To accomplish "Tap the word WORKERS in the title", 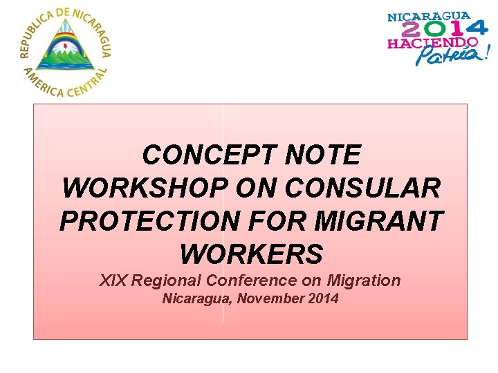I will (250, 255).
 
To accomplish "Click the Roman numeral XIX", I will (113, 280).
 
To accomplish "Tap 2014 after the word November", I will (323, 299).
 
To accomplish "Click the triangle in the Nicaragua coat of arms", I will (66, 48).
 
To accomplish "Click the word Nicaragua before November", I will (191, 299).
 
